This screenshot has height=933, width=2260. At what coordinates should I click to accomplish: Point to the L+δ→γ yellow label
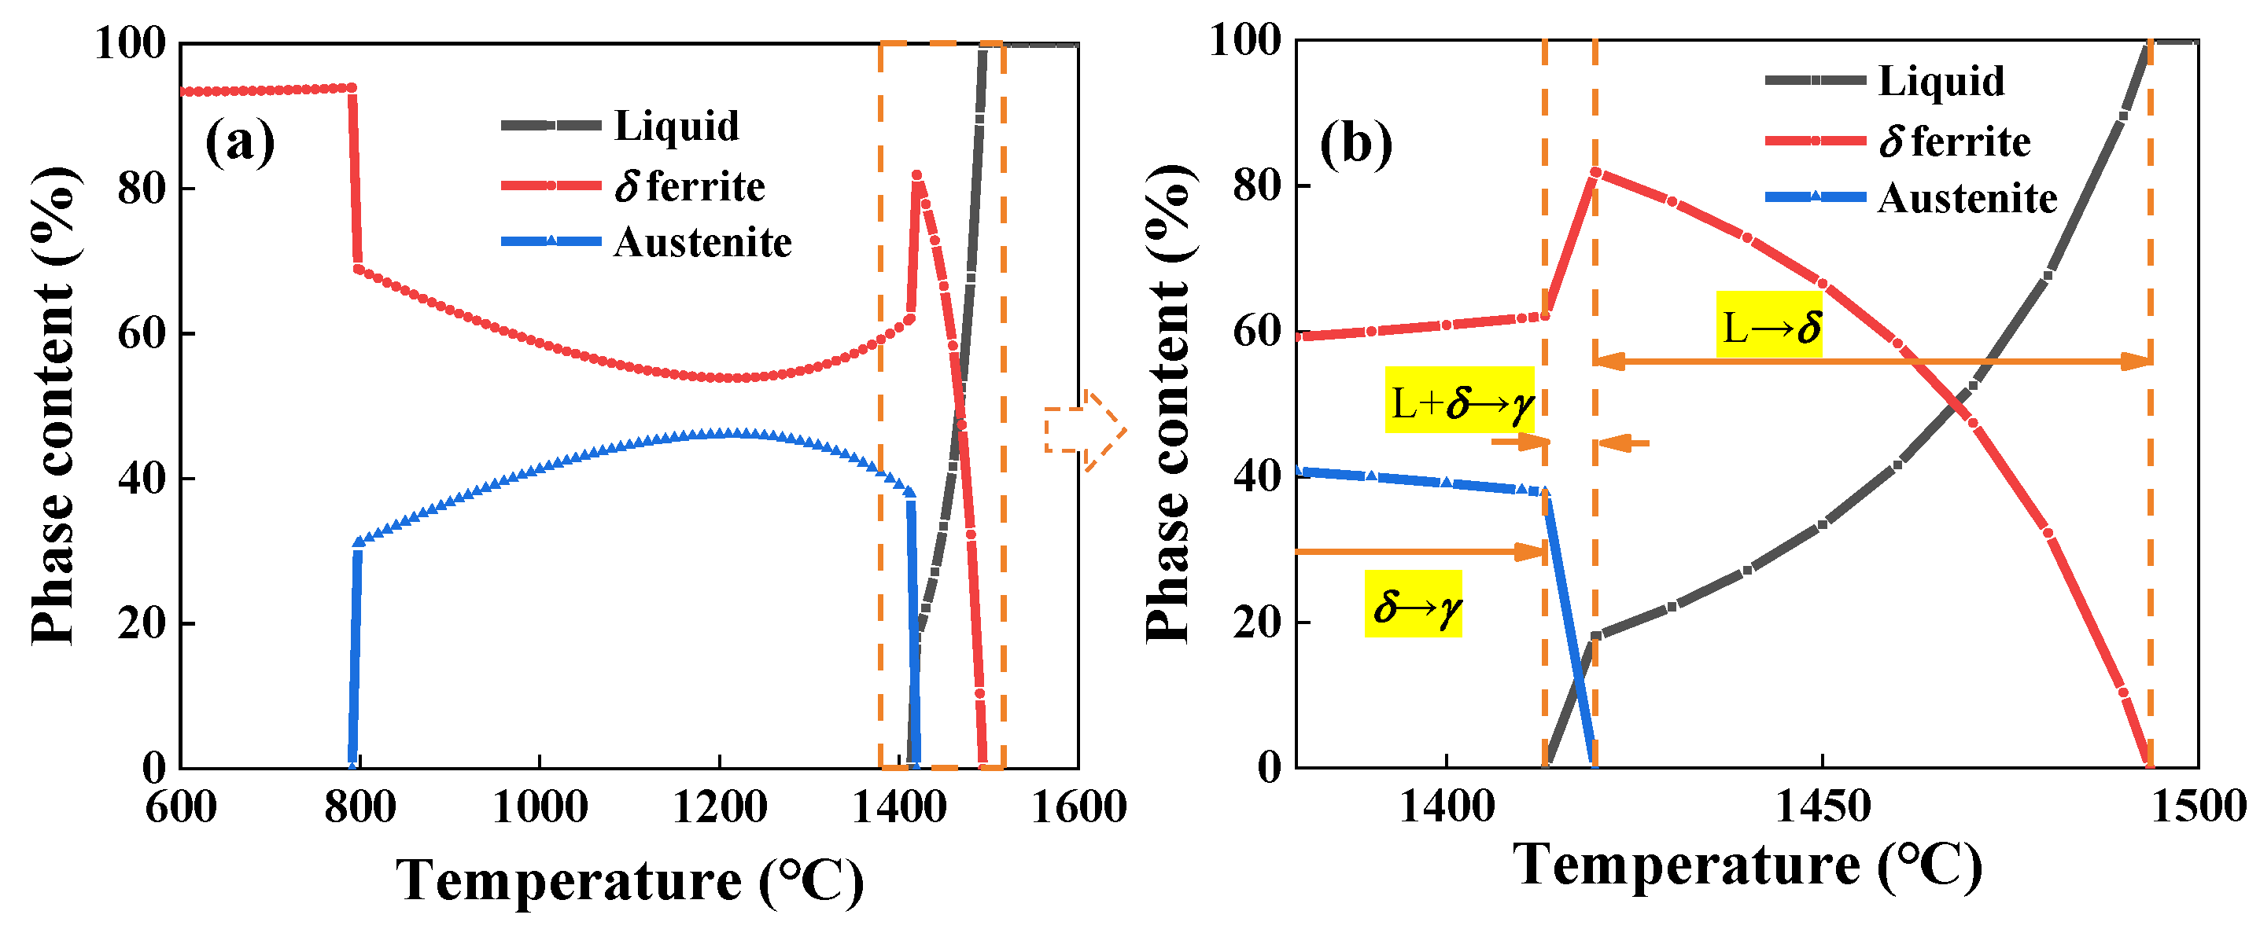1460,402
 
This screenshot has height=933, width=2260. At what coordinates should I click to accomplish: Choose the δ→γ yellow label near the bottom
1414,605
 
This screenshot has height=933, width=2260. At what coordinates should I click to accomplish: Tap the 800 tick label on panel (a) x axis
359,806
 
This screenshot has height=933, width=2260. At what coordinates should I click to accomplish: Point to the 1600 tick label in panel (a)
1078,806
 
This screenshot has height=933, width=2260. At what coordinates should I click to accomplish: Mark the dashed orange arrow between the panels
1086,431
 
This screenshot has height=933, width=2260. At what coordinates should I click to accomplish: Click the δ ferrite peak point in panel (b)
1595,173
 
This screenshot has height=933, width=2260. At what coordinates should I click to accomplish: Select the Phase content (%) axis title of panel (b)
1171,403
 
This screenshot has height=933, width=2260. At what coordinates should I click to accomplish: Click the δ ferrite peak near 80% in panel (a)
916,176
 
